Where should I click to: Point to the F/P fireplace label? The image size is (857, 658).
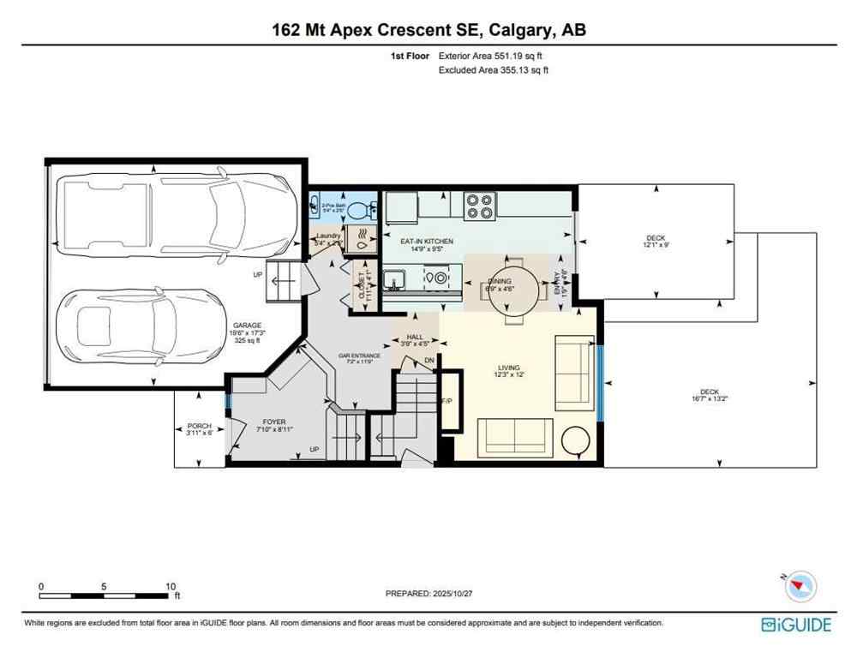point(446,401)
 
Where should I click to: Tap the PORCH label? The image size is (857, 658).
point(199,426)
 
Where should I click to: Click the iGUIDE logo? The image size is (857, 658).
point(795,625)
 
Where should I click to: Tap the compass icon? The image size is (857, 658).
point(800,586)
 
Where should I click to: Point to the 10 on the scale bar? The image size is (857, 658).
point(171,587)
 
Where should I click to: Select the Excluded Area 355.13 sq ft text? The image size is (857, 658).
point(493,70)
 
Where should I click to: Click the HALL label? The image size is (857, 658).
point(416,338)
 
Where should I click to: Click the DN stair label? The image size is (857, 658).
point(429,361)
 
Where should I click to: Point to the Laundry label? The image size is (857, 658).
point(328,236)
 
